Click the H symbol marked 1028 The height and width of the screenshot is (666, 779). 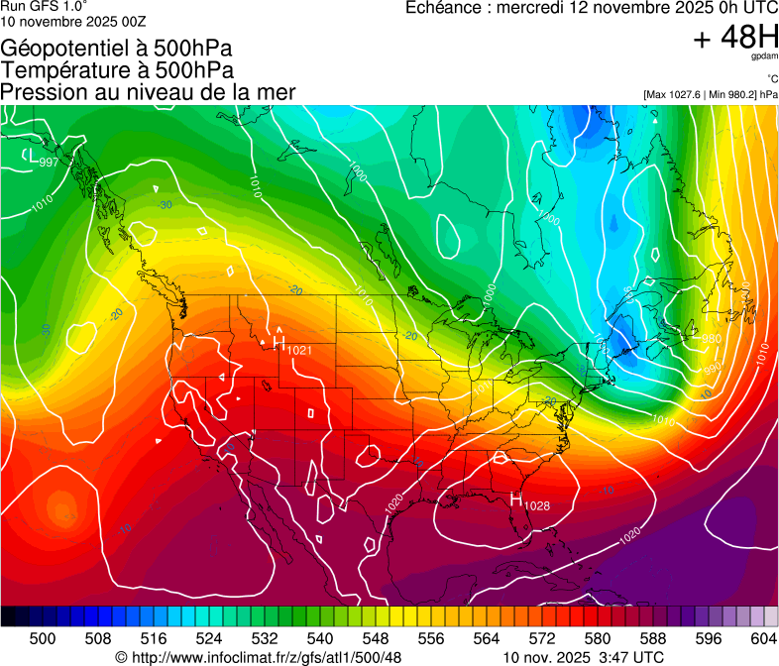515,500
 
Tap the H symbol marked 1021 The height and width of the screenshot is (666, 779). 279,342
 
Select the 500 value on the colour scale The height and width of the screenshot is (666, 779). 43,638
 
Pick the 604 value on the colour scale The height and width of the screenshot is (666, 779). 763,638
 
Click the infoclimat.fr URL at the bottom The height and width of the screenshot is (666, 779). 267,657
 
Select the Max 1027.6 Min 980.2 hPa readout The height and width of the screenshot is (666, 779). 710,94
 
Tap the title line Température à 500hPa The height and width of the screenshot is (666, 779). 117,70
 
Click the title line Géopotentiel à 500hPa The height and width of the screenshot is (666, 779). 117,49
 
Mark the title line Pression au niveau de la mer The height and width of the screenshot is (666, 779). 148,92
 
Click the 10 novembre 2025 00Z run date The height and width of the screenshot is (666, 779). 73,21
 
